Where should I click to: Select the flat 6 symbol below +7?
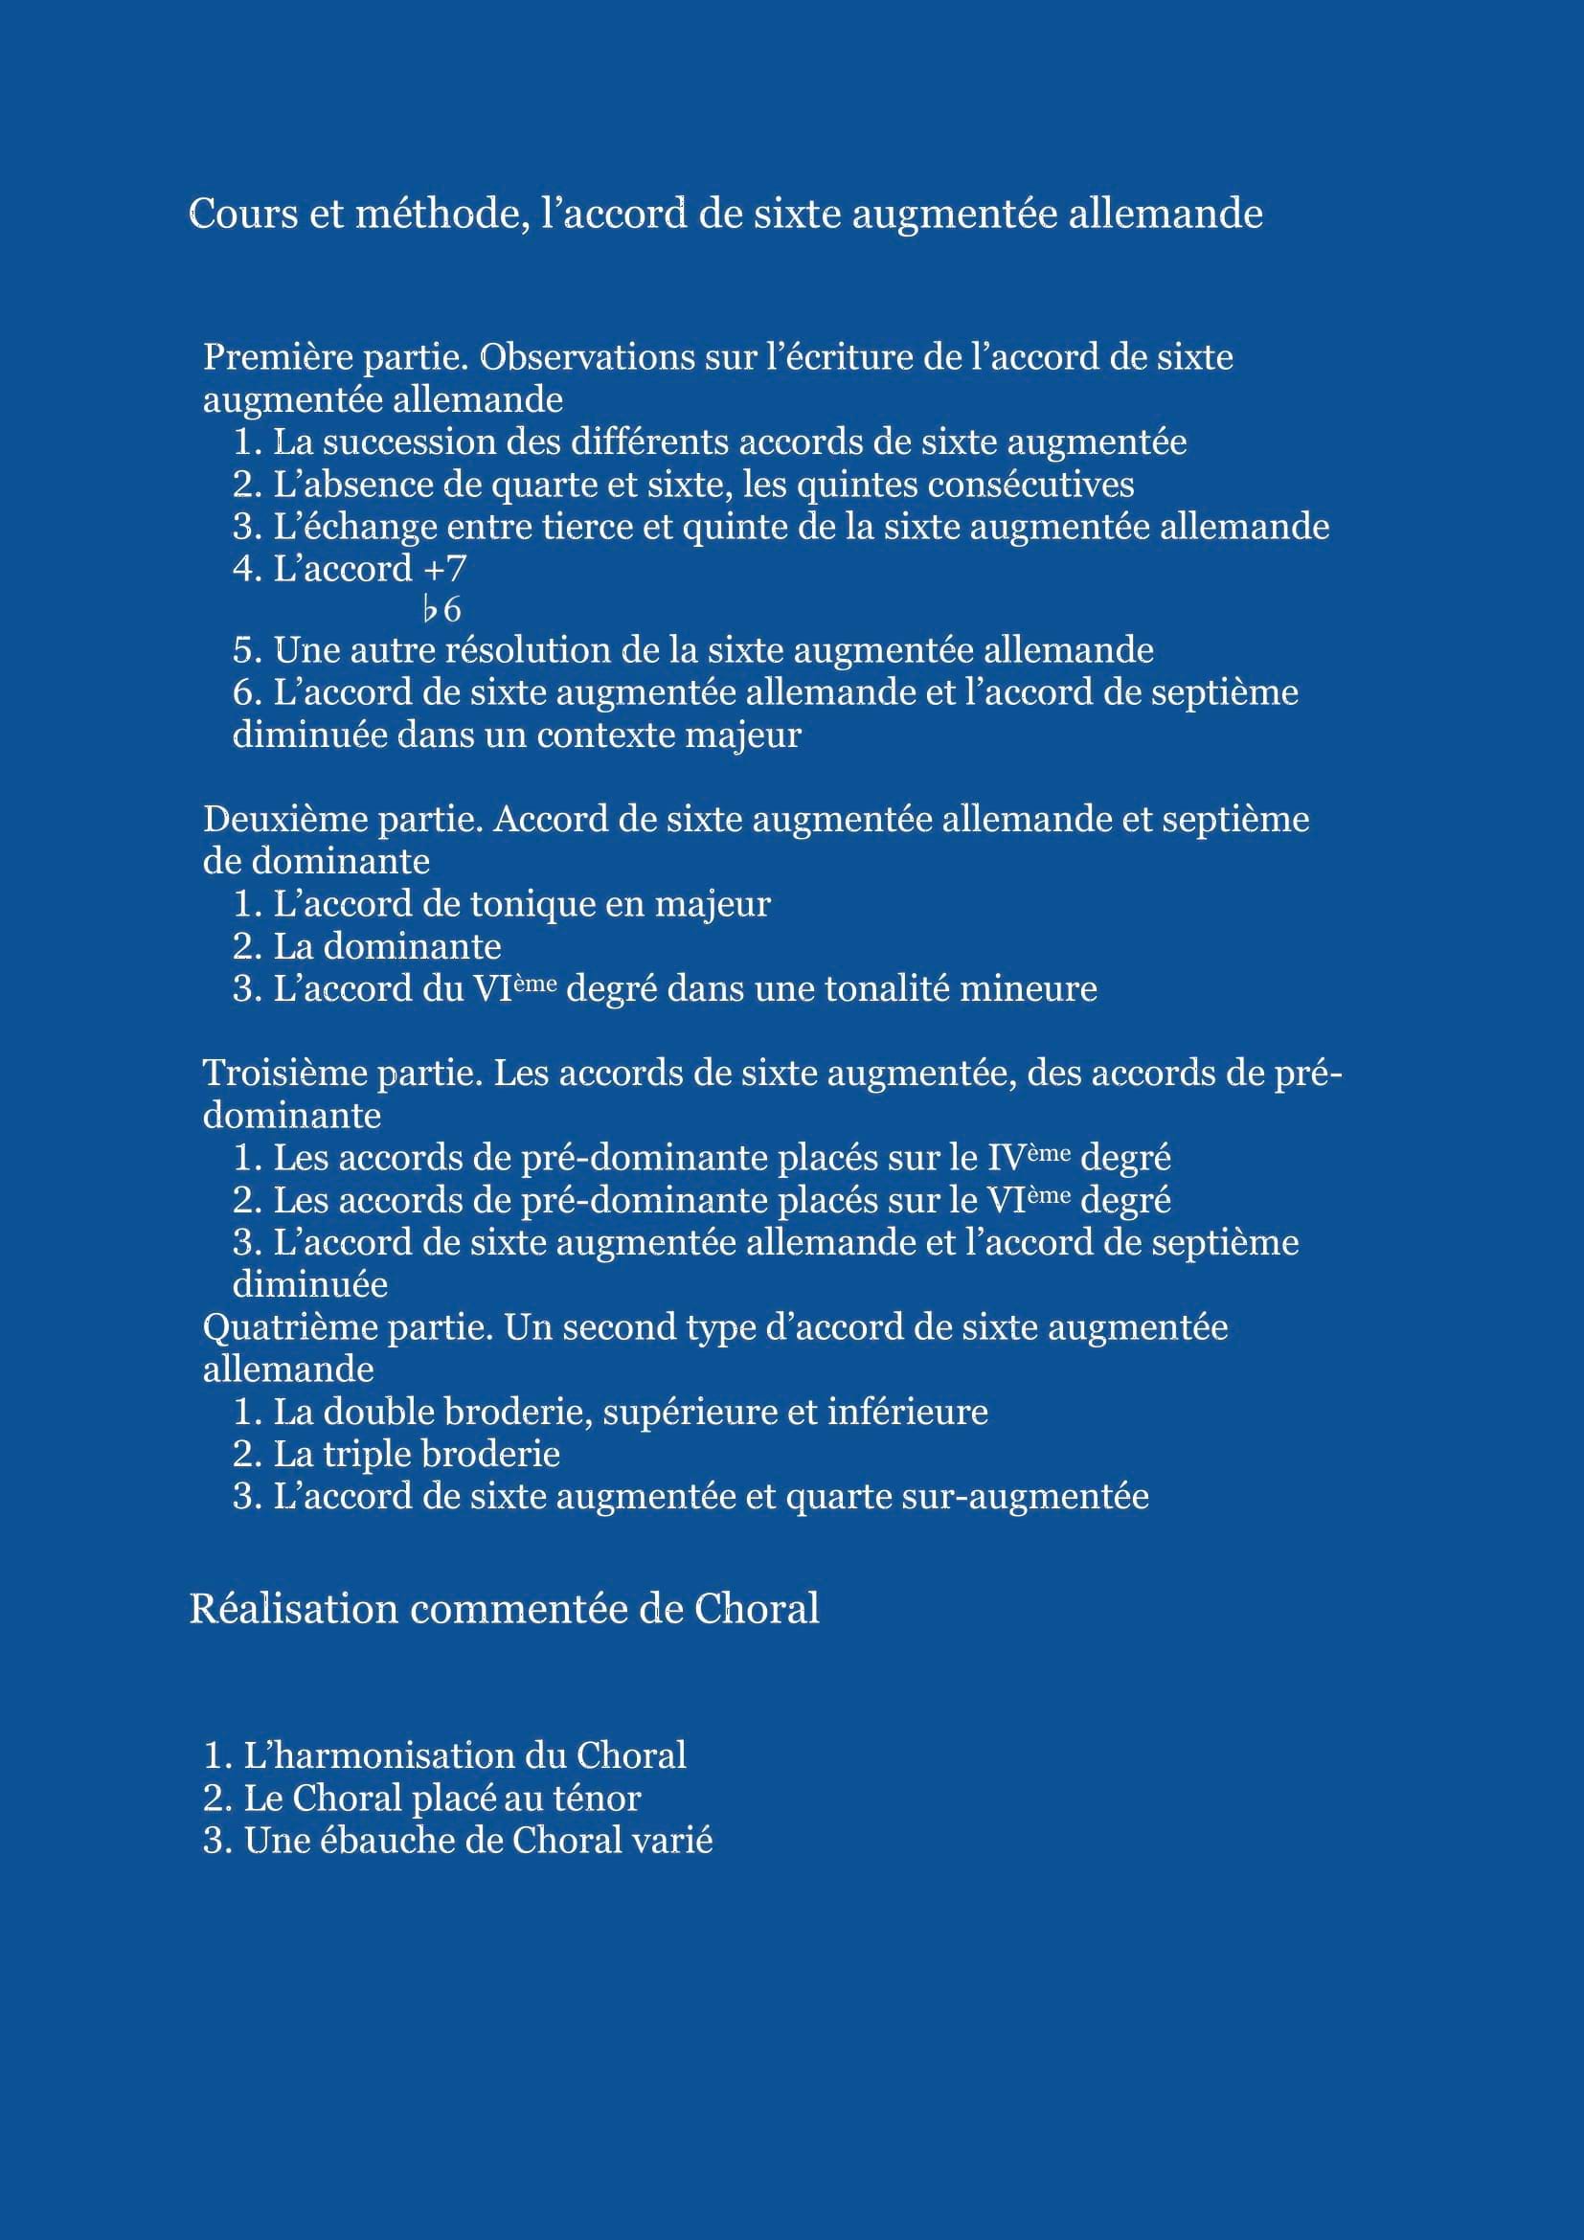[441, 611]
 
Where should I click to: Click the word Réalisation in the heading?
[294, 1609]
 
